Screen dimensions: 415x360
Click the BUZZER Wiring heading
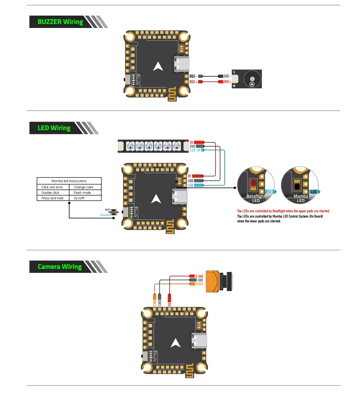(x=60, y=22)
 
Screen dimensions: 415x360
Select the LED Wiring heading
(x=54, y=128)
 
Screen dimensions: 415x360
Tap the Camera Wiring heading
(x=60, y=267)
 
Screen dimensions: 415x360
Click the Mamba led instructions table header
(x=69, y=181)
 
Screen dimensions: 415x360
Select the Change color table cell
(x=85, y=187)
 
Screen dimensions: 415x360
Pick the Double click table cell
(x=53, y=193)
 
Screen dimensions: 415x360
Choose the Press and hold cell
(x=53, y=198)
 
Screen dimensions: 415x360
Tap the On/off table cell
(x=85, y=198)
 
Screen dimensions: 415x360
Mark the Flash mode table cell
(x=85, y=193)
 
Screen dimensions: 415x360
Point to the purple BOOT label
(x=107, y=209)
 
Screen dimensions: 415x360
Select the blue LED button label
(x=105, y=215)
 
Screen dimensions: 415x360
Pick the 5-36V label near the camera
(x=199, y=276)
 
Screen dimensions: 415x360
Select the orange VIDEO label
(x=199, y=284)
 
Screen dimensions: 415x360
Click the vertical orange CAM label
(x=154, y=301)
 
